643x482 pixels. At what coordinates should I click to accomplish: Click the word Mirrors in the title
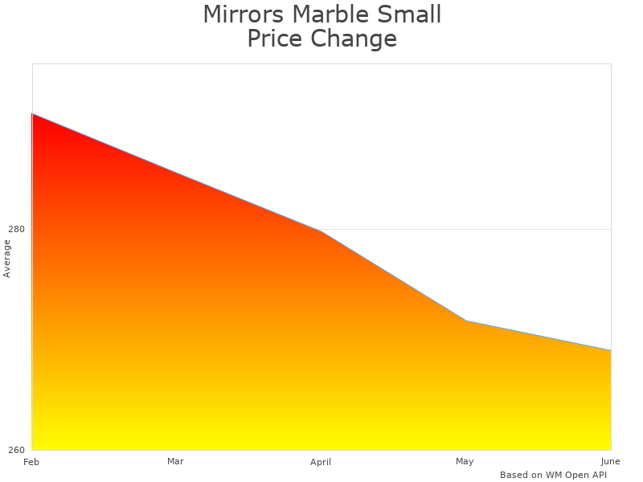coord(242,14)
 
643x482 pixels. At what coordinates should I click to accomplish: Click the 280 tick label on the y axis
coord(17,229)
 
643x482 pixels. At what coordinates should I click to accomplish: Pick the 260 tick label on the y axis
coord(17,450)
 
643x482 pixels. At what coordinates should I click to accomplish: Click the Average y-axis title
coord(7,259)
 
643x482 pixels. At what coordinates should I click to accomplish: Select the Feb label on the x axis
coord(31,462)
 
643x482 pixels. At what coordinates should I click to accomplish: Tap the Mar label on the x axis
coord(175,461)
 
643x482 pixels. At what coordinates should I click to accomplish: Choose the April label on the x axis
coord(321,463)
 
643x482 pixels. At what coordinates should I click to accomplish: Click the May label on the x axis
coord(465,461)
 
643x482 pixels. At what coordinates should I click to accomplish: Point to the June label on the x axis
coord(610,461)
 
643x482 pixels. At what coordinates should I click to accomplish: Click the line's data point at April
coord(321,231)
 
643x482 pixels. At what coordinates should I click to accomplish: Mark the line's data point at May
coord(466,321)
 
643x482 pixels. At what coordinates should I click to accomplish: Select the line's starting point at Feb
coord(32,114)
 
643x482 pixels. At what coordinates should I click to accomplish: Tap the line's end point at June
coord(610,350)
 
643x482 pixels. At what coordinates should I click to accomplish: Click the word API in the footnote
coord(596,475)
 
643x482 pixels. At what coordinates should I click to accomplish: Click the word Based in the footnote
coord(513,475)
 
